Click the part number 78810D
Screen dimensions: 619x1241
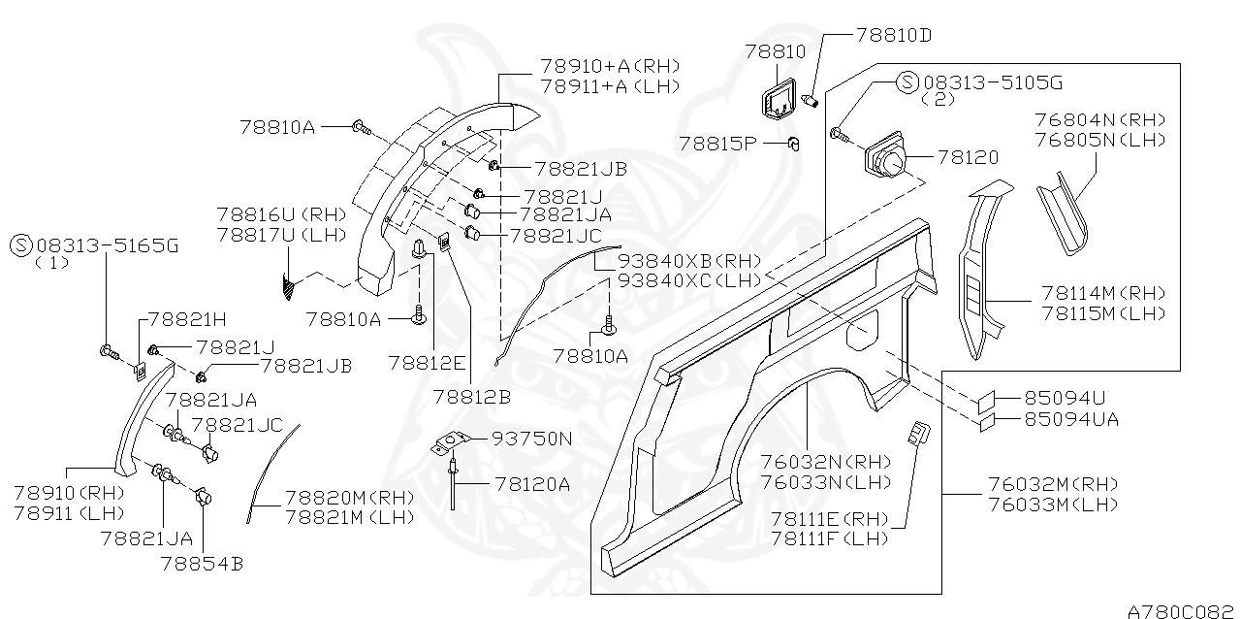pyautogui.click(x=893, y=35)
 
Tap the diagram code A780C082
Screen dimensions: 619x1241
pyautogui.click(x=1182, y=610)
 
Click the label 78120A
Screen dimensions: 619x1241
pyautogui.click(x=532, y=482)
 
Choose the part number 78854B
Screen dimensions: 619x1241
pyautogui.click(x=202, y=561)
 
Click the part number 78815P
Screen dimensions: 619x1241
pyautogui.click(x=717, y=144)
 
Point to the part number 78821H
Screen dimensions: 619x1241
pyautogui.click(x=187, y=318)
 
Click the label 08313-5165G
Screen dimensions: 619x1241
pyautogui.click(x=107, y=245)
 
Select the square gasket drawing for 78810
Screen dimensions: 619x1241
pyautogui.click(x=777, y=101)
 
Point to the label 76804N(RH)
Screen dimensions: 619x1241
pyautogui.click(x=1099, y=120)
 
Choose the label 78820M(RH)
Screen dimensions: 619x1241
pyautogui.click(x=349, y=497)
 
